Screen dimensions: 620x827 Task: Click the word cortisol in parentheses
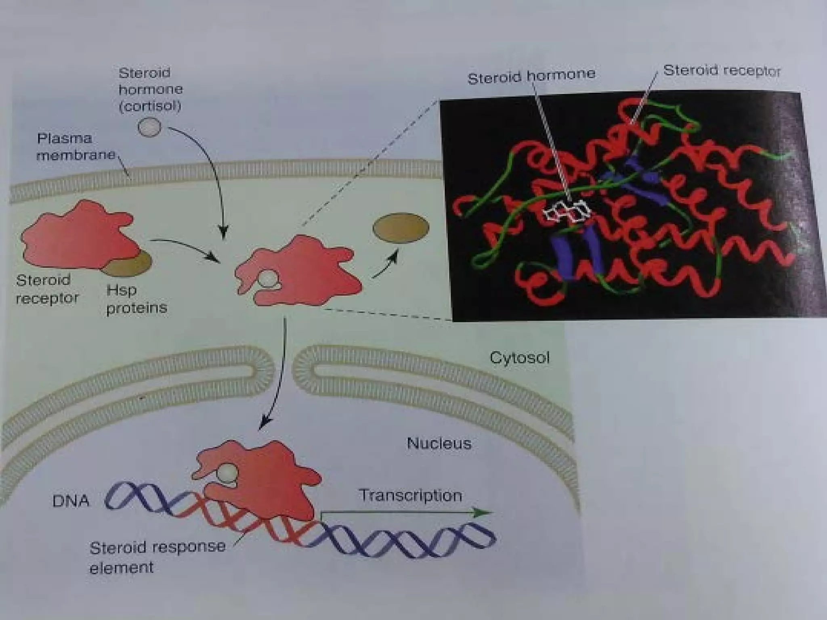point(150,106)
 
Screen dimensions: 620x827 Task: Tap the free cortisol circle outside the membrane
point(149,127)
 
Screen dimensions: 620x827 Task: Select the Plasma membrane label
point(76,147)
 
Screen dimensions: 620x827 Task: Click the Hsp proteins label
point(136,299)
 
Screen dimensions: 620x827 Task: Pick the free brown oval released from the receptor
point(401,228)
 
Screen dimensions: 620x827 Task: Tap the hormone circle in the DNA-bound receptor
point(228,472)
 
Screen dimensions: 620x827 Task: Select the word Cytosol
point(519,358)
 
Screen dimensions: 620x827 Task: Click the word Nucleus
point(439,444)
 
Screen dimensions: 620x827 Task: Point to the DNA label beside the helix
point(71,501)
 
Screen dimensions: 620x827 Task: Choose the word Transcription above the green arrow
point(410,495)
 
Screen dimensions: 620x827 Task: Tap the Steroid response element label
point(157,557)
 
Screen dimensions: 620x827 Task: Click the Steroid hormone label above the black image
point(531,75)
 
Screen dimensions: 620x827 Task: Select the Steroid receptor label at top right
point(722,71)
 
